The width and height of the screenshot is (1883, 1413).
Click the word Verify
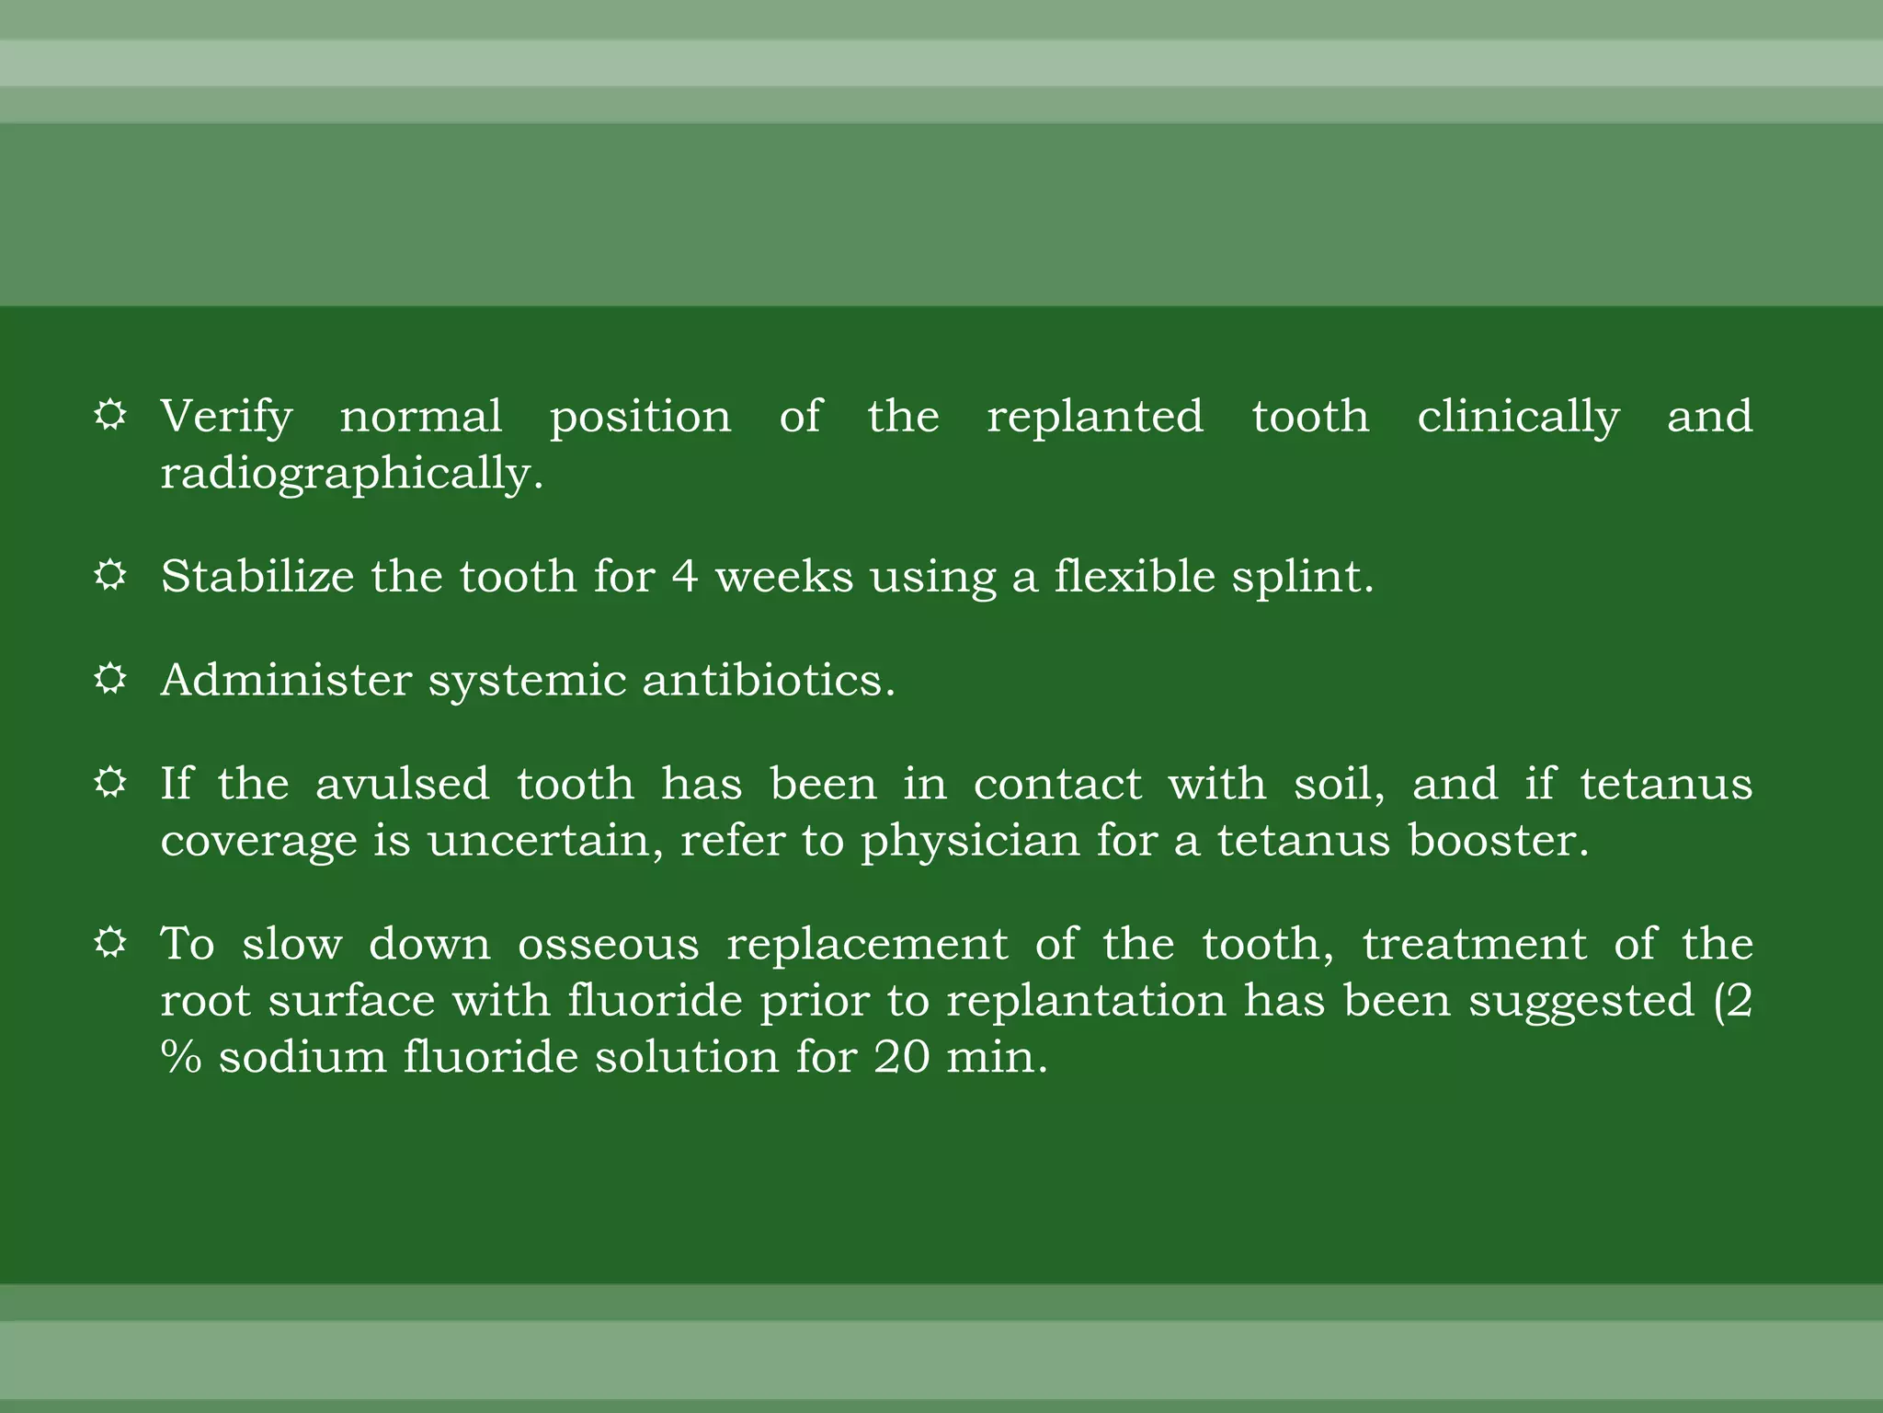point(226,417)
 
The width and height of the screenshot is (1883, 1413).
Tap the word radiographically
point(352,474)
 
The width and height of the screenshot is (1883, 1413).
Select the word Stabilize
point(257,577)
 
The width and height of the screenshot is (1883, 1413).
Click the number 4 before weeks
point(684,577)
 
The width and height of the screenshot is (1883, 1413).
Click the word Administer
point(286,681)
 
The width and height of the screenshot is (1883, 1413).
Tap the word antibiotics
point(768,681)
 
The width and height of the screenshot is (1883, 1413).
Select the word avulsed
point(402,784)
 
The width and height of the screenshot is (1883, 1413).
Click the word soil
point(1339,784)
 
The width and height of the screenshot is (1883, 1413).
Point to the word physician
point(970,842)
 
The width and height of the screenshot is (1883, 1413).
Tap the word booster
point(1498,841)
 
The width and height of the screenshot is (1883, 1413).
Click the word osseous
point(609,945)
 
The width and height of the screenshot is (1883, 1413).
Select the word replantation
point(1086,1001)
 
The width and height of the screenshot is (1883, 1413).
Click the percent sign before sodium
point(181,1058)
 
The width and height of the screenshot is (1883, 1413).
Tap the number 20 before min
point(902,1058)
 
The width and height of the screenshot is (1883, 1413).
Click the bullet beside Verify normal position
point(110,415)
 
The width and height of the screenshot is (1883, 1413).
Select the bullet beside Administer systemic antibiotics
point(110,679)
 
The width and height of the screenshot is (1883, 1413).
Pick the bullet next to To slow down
point(110,943)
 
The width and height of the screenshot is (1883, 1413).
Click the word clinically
point(1518,417)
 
